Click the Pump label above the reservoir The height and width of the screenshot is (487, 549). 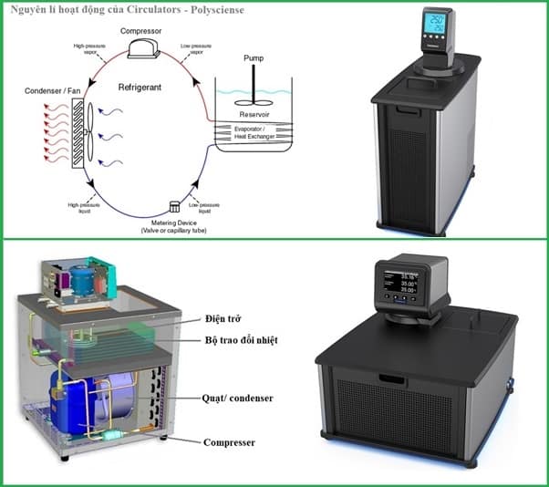coord(254,58)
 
